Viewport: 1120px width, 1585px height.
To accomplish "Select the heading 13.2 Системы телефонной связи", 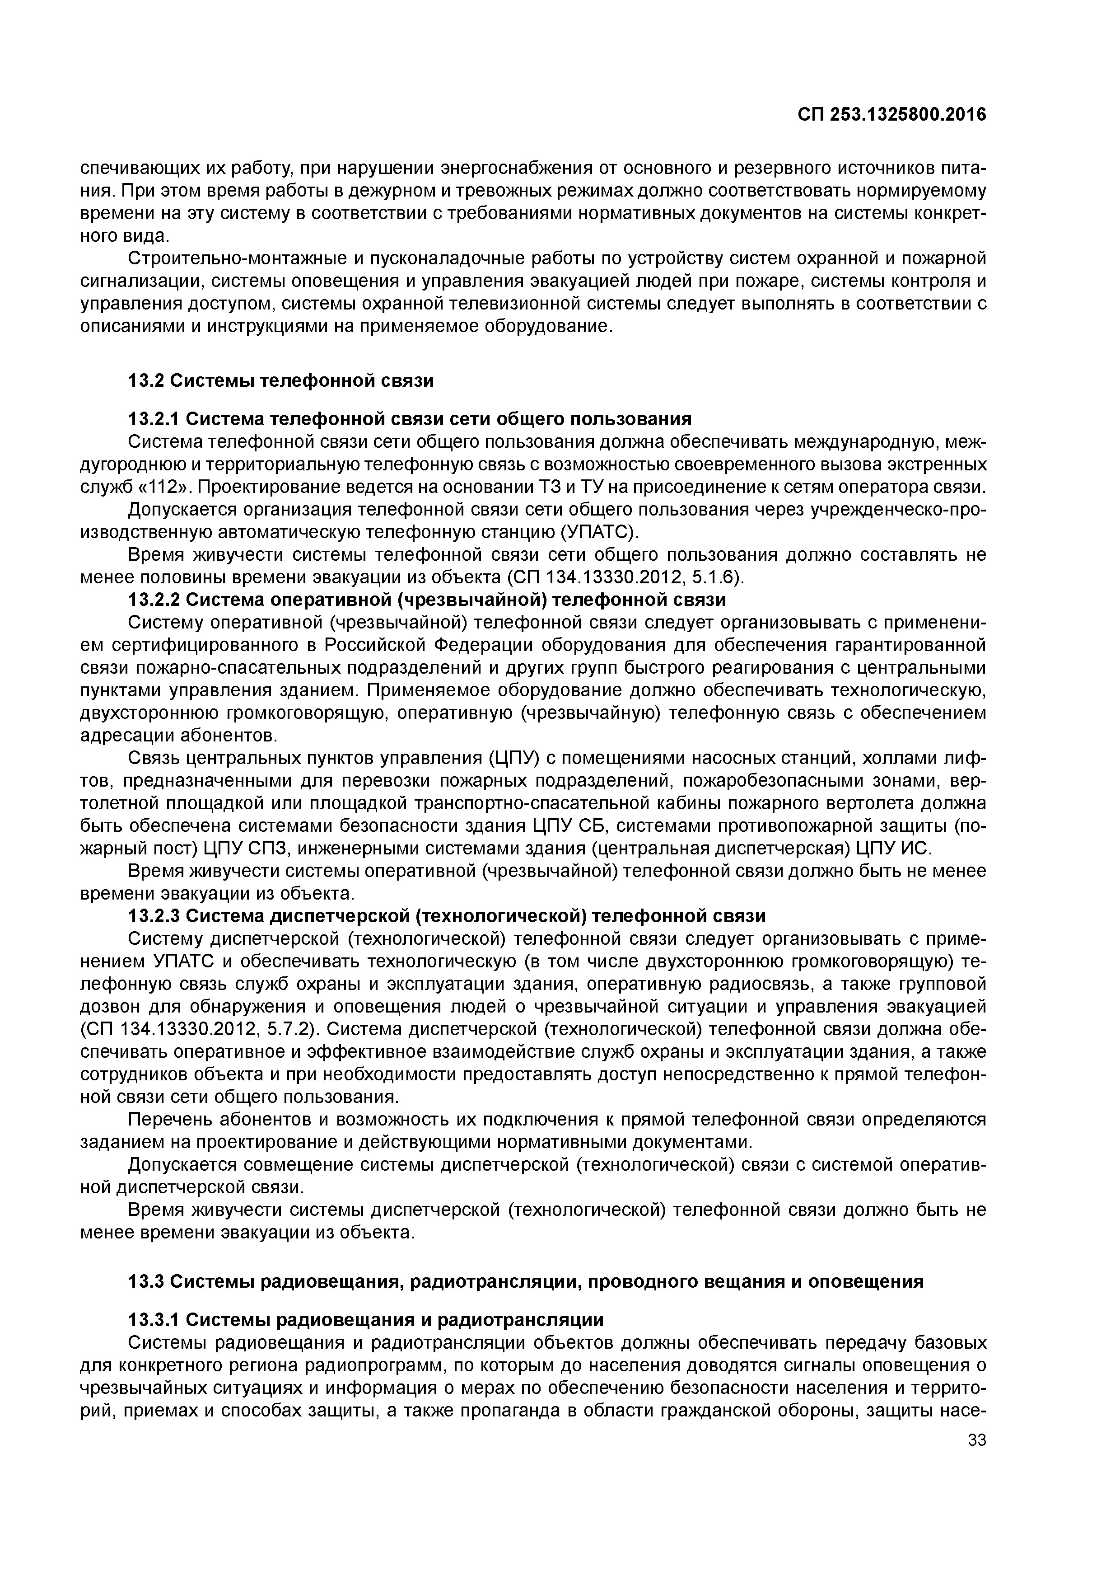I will pos(281,380).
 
